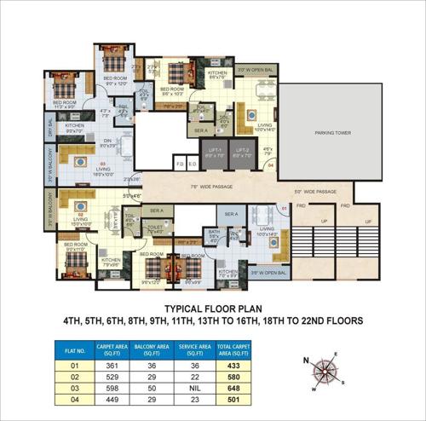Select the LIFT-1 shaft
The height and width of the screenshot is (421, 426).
pos(214,155)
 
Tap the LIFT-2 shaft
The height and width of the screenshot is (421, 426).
pos(245,155)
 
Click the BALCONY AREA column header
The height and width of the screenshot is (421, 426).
pos(153,348)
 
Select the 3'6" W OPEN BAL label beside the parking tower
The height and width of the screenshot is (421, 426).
pos(256,70)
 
